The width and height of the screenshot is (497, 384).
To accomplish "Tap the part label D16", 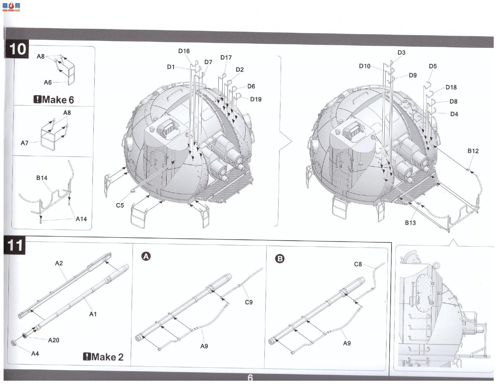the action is tap(184, 51).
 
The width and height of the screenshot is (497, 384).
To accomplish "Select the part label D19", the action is tap(256, 99).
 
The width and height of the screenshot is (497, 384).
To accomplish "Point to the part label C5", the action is tap(120, 205).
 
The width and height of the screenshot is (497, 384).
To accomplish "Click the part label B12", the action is tap(473, 151).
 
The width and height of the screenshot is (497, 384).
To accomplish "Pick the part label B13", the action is tap(410, 223).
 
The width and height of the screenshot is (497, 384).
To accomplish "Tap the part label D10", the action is tap(364, 66).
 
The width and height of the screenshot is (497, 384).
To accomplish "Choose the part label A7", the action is tap(24, 143).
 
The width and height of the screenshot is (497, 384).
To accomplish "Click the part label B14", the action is tap(42, 178).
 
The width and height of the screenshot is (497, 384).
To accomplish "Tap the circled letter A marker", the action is tap(146, 256).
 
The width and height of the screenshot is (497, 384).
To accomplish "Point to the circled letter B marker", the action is tap(280, 259).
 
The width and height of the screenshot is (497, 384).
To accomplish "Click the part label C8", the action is tap(358, 264).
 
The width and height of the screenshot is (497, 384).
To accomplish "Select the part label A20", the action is tap(54, 340).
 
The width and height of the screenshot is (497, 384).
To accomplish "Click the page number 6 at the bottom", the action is tap(250, 377).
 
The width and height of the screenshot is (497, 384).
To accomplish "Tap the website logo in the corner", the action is tap(11, 7).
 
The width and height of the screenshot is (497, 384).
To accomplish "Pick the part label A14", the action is tap(81, 219).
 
